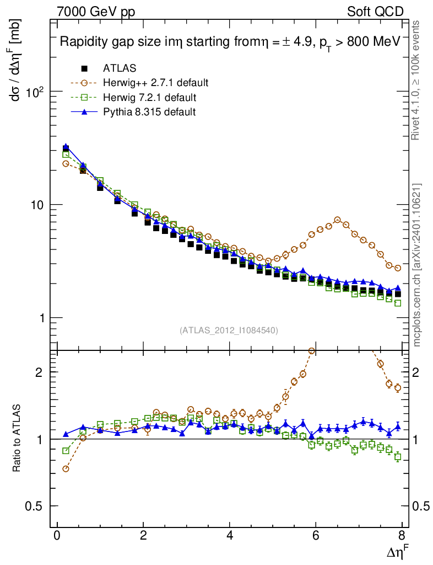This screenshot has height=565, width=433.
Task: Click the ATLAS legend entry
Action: [120, 68]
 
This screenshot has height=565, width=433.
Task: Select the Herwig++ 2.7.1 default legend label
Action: [155, 83]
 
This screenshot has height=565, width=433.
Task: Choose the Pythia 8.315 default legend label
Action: [149, 112]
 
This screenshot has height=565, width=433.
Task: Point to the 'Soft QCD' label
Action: [375, 12]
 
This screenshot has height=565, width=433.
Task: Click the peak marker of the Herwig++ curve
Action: [338, 220]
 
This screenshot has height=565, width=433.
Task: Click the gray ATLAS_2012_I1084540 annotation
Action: [228, 331]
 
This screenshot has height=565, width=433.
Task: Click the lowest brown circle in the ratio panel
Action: [66, 469]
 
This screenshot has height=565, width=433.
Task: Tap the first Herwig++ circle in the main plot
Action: [66, 164]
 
